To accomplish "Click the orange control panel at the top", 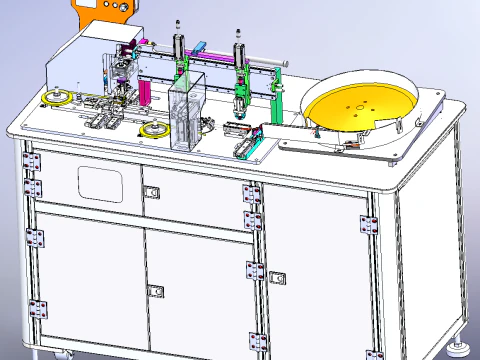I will pyautogui.click(x=103, y=13).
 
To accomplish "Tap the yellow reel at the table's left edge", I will pyautogui.click(x=56, y=98).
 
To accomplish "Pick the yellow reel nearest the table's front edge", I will pyautogui.click(x=154, y=130).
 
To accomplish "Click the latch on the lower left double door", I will pyautogui.click(x=156, y=290).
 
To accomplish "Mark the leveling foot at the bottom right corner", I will pyautogui.click(x=462, y=348).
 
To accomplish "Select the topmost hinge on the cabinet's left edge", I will pyautogui.click(x=29, y=158).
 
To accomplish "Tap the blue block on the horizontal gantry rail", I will pyautogui.click(x=200, y=46).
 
